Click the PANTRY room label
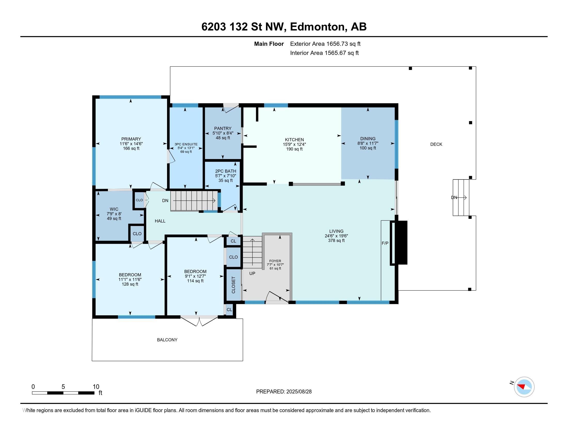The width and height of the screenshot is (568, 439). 223,128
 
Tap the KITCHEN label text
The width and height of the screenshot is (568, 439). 294,140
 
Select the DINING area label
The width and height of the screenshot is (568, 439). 368,139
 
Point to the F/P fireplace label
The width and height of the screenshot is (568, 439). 385,243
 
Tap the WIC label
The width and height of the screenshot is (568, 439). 114,209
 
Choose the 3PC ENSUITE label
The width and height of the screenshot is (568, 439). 186,144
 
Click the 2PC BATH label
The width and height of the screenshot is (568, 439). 225,171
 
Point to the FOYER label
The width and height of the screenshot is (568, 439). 275,261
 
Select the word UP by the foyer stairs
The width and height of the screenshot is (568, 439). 252,273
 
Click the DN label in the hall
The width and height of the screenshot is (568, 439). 165,200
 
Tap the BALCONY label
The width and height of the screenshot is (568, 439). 167,340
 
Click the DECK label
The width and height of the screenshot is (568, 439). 436,144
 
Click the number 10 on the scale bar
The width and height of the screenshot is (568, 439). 96,387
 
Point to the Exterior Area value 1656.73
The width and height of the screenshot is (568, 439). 337,44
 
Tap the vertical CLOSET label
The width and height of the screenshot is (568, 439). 233,285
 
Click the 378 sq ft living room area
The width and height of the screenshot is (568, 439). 336,241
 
